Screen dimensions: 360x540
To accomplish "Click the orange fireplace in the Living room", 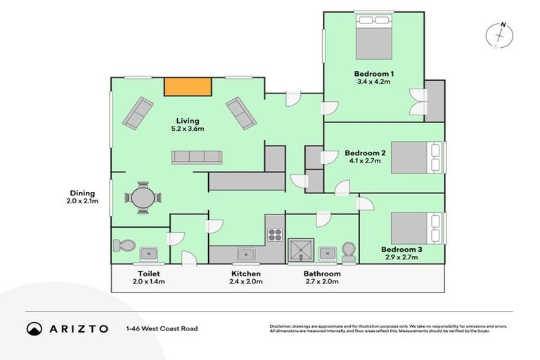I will tap(188, 86).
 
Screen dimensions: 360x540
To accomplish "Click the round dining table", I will tap(143, 198).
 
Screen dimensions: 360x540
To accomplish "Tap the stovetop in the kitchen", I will tap(274, 235).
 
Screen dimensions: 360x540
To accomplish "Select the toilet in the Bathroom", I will tap(348, 252).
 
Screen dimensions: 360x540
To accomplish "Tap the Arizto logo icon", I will tap(34, 328).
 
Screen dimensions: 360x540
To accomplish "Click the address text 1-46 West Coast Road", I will tap(162, 328).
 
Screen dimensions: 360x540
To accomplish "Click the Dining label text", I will tap(82, 193).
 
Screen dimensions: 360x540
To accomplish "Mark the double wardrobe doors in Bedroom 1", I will tap(420, 102).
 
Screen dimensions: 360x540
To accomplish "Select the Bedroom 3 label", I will tap(401, 249).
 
